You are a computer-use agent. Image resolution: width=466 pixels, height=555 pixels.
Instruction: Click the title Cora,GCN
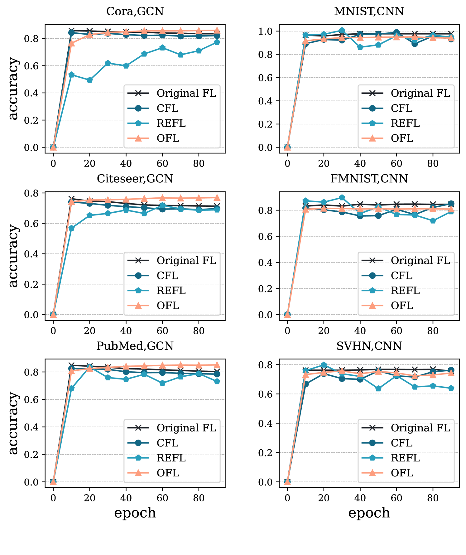pos(135,11)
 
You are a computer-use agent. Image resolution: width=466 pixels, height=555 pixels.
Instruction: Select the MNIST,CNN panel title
pos(369,11)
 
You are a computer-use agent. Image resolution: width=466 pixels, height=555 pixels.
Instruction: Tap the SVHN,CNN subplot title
pos(369,346)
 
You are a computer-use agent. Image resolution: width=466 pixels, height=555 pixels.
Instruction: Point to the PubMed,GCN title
pos(135,346)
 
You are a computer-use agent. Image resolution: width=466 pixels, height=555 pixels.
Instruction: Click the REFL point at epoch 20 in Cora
pos(90,80)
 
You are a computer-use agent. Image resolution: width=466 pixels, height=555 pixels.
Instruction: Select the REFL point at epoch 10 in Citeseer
pos(71,228)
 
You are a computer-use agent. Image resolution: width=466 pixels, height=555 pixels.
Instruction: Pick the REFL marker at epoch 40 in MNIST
pos(360,47)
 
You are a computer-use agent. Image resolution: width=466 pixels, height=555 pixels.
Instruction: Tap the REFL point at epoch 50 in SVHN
pos(378,388)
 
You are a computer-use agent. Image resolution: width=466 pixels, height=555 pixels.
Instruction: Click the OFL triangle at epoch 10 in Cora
pos(71,43)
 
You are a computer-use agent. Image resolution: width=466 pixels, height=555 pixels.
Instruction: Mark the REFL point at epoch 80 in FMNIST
pos(433,221)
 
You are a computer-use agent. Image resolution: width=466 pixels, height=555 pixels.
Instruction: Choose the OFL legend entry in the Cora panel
pos(168,138)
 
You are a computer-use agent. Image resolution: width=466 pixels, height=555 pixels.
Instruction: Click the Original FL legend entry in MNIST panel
pos(420,93)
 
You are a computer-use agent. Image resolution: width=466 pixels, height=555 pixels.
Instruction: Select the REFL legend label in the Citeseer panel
pos(171,291)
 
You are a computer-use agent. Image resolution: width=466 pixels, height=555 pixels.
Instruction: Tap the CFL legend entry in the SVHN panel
pos(401,443)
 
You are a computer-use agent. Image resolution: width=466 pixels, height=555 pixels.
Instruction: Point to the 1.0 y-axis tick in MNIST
pos(265,31)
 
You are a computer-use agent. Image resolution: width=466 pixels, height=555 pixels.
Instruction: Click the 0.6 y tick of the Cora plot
pos(31,66)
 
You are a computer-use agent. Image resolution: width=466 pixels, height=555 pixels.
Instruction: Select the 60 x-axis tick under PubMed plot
pos(162,498)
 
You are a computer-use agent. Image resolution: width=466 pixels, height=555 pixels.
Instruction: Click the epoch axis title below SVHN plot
pos(369,513)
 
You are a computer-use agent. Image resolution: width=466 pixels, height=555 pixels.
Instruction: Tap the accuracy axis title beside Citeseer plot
pos(13,256)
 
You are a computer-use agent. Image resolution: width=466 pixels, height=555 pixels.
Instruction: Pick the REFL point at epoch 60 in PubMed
pos(162,383)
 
